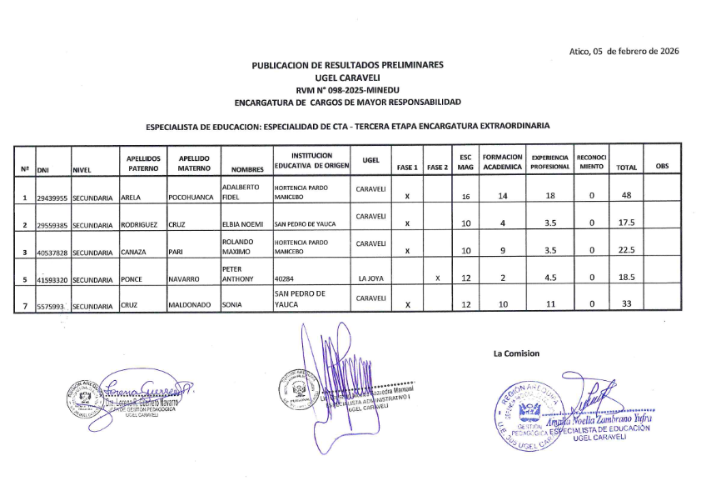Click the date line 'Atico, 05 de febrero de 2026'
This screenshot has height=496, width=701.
point(624,51)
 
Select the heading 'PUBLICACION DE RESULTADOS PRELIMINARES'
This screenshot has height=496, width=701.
point(347,64)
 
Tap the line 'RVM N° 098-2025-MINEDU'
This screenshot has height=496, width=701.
point(347,88)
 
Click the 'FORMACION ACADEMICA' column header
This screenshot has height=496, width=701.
point(502,162)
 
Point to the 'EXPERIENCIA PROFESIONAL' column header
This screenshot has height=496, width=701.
point(550,162)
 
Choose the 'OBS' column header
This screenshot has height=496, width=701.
point(662,167)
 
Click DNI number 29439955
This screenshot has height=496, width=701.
point(52,198)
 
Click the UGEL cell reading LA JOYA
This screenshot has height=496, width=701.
point(370,278)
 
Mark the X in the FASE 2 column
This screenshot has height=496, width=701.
point(437,278)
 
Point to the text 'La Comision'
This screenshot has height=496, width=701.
point(516,353)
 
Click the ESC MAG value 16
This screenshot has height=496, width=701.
point(466,197)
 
